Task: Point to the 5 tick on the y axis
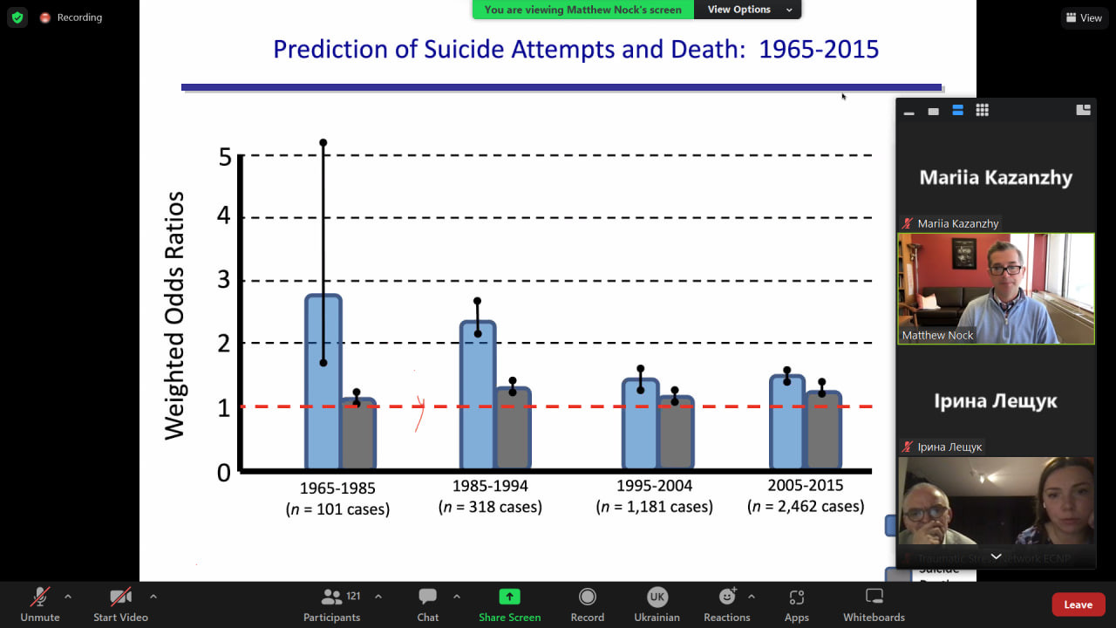coord(225,157)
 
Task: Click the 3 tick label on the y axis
coord(225,281)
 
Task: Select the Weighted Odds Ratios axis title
coord(175,315)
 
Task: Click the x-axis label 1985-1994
coord(490,486)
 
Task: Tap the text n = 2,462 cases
coord(806,506)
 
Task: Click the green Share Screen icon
coord(509,597)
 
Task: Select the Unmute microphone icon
coord(40,597)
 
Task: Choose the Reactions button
coord(726,597)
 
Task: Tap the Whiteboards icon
coord(874,597)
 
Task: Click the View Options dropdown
coord(749,10)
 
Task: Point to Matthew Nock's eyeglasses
coord(1005,270)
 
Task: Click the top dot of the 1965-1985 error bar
coord(323,142)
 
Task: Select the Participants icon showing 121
coord(331,597)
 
